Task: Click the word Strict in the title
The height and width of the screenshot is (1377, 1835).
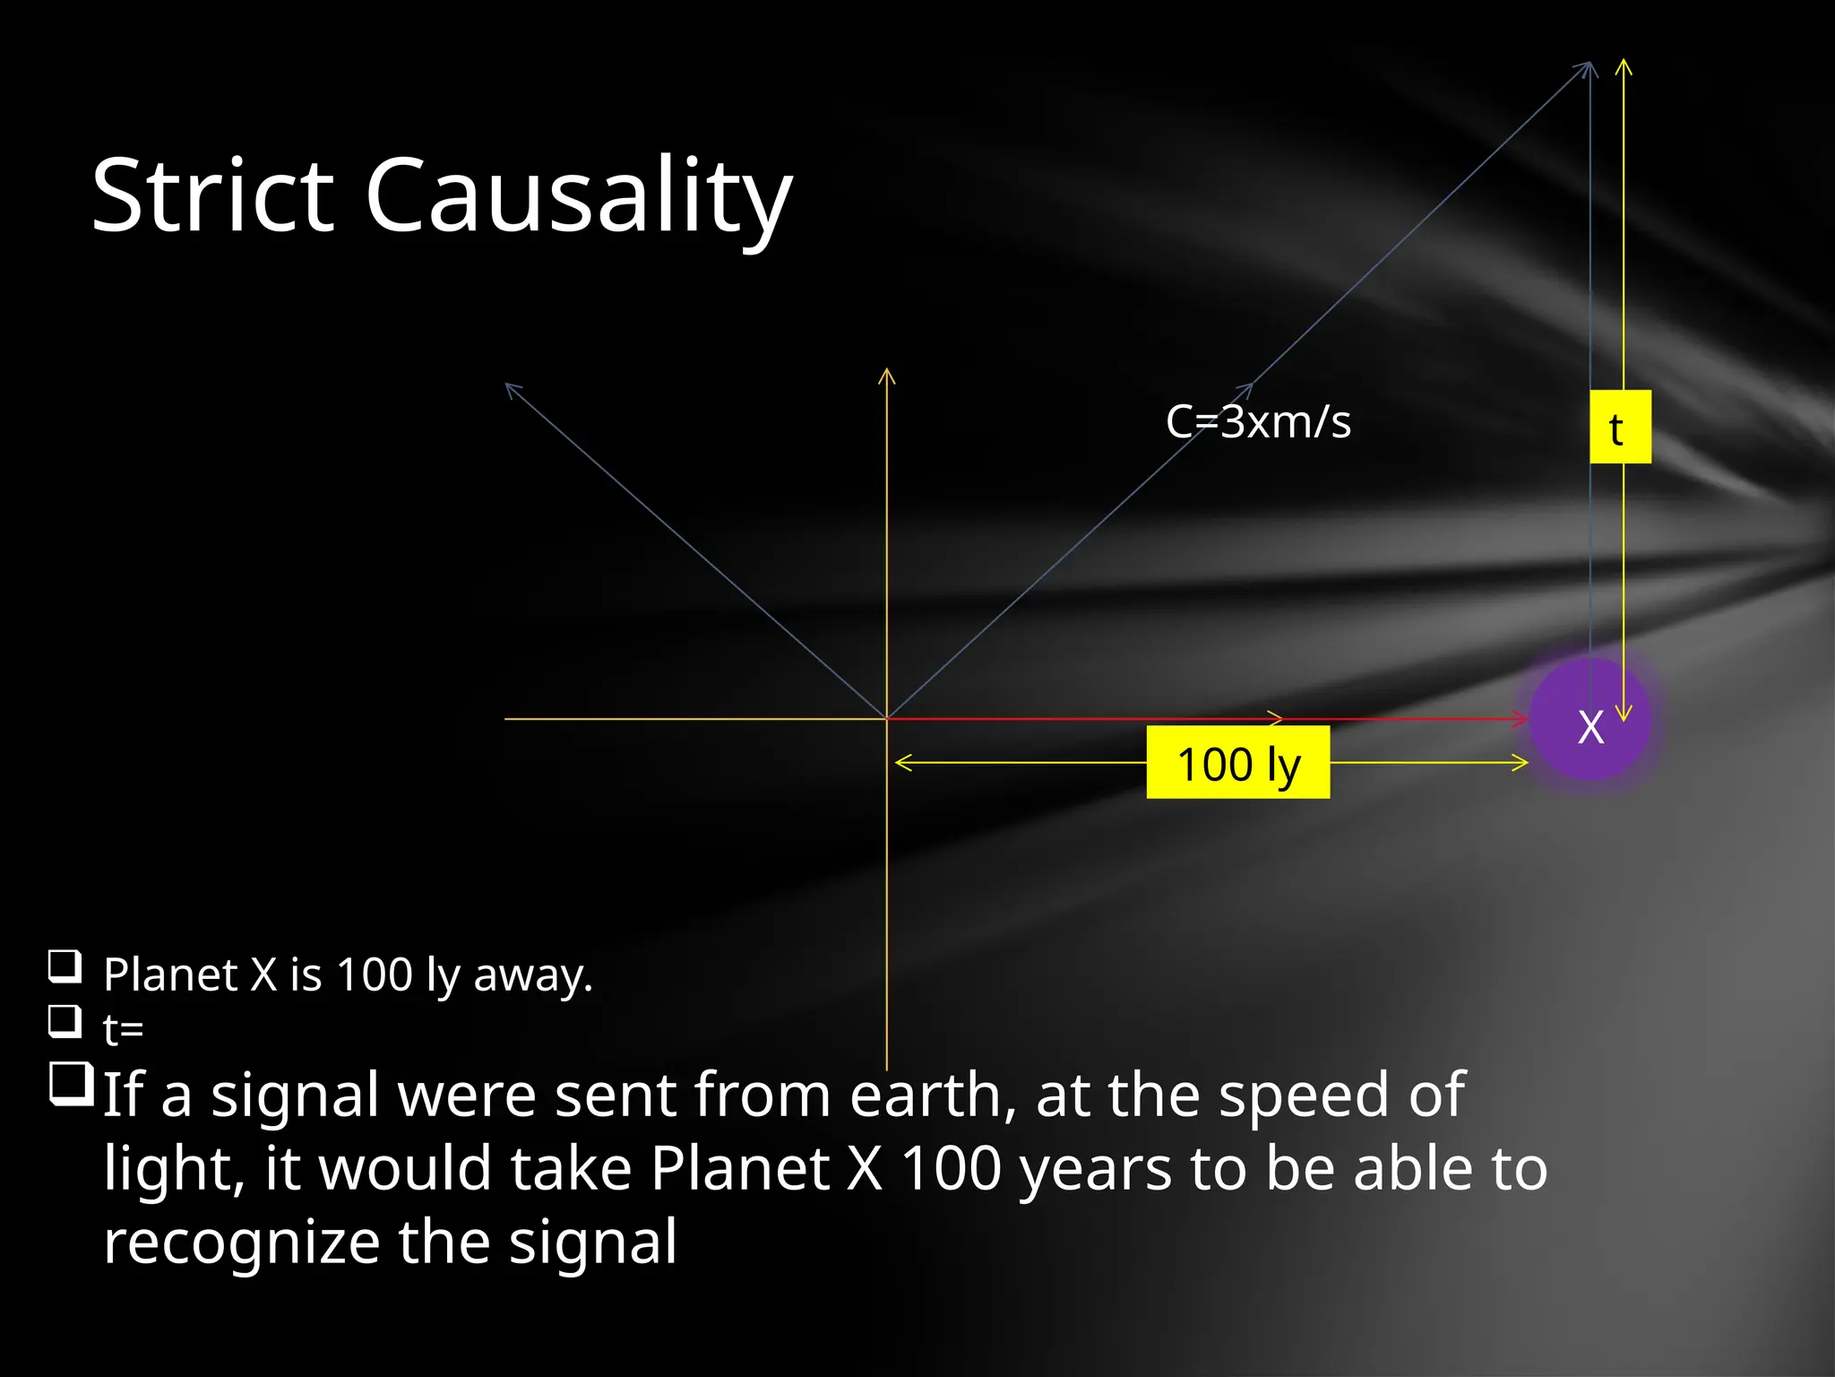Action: click(x=213, y=195)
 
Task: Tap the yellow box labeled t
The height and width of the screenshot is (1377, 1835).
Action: click(x=1620, y=427)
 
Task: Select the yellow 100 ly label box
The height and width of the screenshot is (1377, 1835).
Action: click(x=1237, y=763)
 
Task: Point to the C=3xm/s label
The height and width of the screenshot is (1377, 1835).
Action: click(x=1258, y=421)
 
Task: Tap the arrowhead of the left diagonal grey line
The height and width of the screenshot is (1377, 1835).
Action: click(x=511, y=388)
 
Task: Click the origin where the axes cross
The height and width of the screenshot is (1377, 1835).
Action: click(x=887, y=719)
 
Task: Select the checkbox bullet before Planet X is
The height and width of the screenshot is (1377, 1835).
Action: click(x=65, y=966)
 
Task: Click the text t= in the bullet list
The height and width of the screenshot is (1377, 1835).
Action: click(x=123, y=1029)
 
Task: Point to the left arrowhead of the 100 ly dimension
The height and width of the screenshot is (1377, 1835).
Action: click(x=900, y=763)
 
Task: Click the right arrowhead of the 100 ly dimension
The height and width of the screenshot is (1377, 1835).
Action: click(x=1521, y=763)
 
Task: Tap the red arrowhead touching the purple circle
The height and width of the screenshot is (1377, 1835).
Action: click(x=1521, y=719)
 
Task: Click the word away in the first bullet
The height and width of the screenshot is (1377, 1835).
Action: click(x=532, y=974)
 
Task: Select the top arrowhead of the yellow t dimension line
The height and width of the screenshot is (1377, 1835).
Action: click(x=1624, y=65)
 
